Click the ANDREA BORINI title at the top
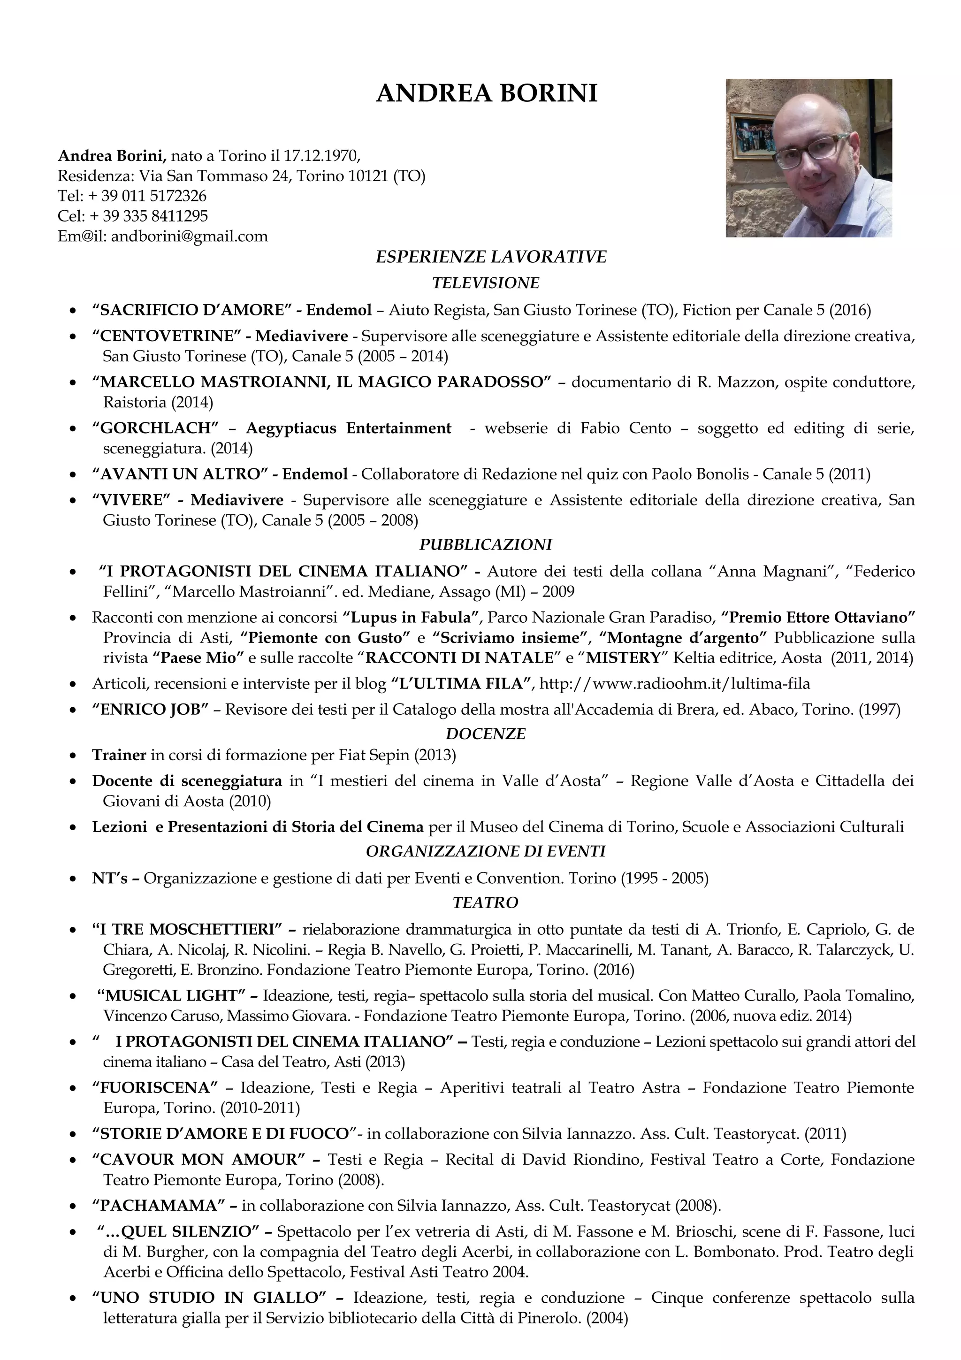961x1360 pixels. [x=486, y=93]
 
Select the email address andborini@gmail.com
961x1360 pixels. [x=190, y=237]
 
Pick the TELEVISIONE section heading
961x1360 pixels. [x=486, y=283]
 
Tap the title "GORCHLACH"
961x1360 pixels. [x=156, y=428]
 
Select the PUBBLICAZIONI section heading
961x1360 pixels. [x=486, y=544]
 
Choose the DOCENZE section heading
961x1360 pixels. [x=486, y=734]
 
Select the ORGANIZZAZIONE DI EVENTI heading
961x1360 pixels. [x=486, y=851]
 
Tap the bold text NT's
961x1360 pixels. [x=110, y=878]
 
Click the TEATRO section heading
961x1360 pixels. [x=486, y=903]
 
